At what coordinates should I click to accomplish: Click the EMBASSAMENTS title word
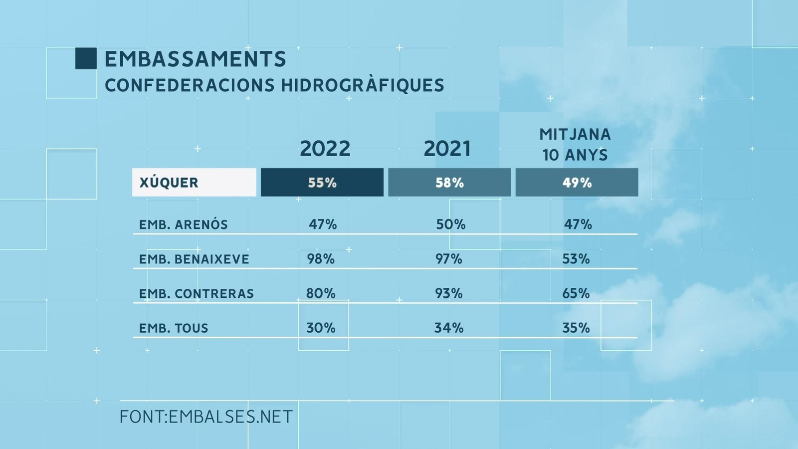click(195, 59)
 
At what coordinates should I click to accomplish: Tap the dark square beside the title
click(86, 58)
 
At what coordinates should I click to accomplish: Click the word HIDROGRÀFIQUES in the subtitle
click(362, 85)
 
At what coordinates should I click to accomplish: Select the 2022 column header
click(325, 149)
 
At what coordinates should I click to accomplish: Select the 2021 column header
click(447, 149)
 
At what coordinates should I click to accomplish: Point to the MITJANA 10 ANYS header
click(575, 145)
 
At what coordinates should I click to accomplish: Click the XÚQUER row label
click(169, 183)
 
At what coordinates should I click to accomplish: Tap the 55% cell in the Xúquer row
click(322, 183)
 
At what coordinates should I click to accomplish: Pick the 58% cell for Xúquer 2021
click(449, 183)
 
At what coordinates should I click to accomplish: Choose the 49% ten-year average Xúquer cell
click(577, 183)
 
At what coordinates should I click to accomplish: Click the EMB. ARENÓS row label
click(183, 224)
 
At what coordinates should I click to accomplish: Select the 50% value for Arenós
click(450, 224)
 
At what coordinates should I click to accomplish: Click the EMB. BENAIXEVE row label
click(194, 259)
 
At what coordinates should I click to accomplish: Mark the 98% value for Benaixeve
click(321, 259)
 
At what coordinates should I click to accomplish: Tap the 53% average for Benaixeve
click(576, 259)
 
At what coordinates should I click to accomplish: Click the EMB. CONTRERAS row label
click(196, 293)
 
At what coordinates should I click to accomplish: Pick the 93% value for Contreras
click(449, 293)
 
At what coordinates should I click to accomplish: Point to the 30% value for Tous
click(321, 328)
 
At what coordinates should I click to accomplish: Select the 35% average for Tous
click(576, 328)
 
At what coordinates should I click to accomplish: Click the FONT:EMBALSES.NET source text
click(206, 417)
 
